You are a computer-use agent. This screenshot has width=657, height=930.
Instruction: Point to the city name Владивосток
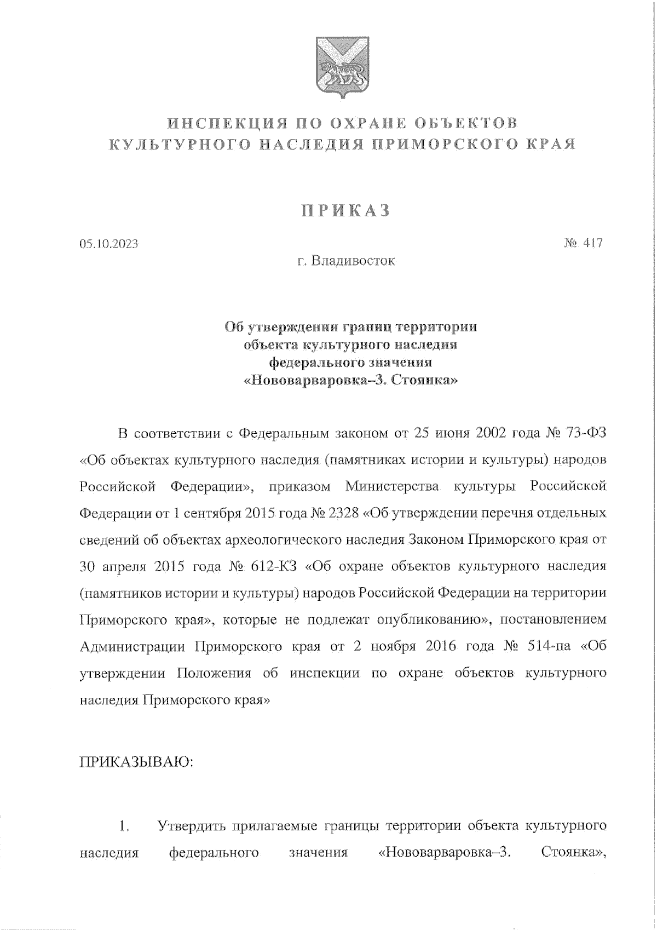[353, 261]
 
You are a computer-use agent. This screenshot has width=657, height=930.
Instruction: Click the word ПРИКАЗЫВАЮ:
[137, 762]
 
